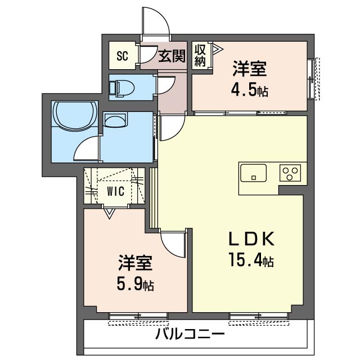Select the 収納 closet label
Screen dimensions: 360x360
point(200,55)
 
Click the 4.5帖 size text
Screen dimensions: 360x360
point(248,90)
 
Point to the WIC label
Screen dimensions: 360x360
point(115,191)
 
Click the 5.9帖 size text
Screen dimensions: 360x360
point(135,284)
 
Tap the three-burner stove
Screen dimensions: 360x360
point(291,173)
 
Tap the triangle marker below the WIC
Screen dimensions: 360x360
point(109,213)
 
